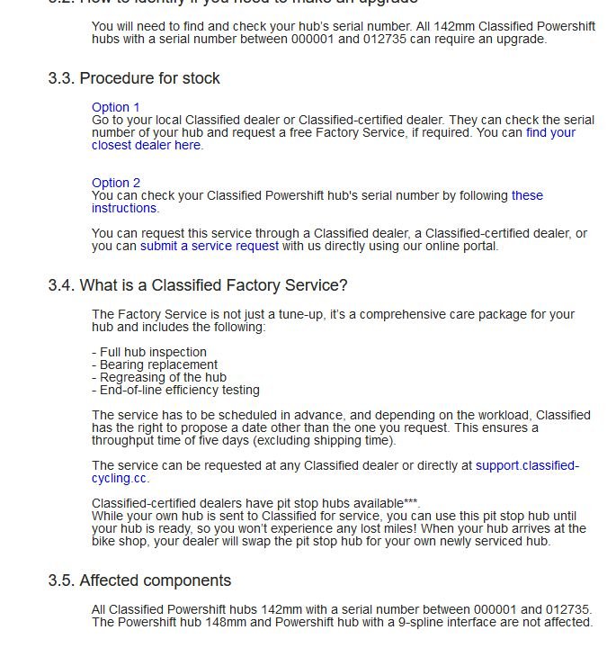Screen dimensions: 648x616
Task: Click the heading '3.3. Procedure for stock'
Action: click(x=134, y=78)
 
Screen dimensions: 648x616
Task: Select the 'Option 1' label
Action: click(x=116, y=107)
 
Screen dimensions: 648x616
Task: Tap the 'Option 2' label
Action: click(x=116, y=183)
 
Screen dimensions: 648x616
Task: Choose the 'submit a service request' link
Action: click(x=209, y=246)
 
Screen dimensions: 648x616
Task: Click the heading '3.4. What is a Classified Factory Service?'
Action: click(x=198, y=285)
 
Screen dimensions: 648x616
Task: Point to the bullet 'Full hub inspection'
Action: click(x=152, y=352)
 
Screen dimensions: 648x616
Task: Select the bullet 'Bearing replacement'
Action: click(x=158, y=364)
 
